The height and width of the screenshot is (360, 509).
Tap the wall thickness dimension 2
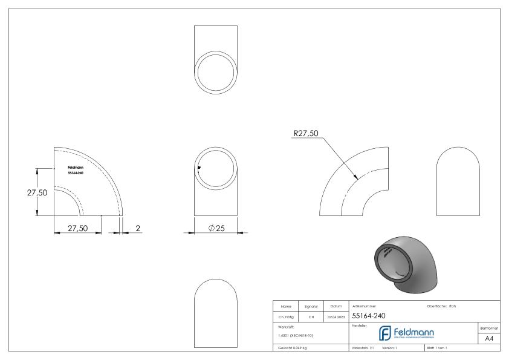click(137, 228)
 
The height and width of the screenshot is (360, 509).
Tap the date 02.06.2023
click(336, 316)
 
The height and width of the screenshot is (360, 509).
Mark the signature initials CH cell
click(311, 316)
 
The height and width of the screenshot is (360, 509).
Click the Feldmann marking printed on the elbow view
click(76, 168)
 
